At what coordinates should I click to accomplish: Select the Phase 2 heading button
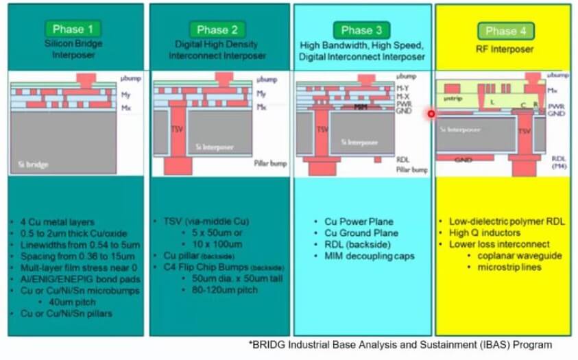point(217,29)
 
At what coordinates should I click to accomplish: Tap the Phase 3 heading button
point(361,30)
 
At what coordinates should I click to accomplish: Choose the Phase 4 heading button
point(506,31)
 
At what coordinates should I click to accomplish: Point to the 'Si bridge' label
point(33,165)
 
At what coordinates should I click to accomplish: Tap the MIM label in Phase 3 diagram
point(361,108)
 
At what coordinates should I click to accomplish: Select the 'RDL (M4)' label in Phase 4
point(559,162)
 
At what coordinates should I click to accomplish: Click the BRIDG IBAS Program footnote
point(400,344)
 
